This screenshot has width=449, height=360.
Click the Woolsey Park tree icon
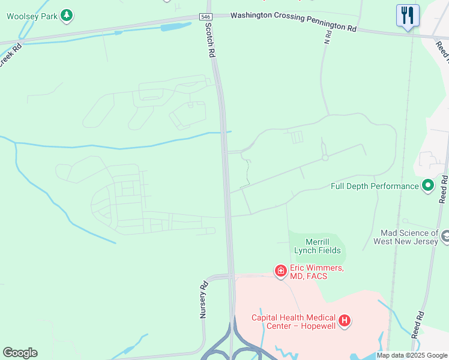67,16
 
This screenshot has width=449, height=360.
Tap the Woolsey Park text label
32,16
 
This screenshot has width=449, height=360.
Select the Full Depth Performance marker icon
428,186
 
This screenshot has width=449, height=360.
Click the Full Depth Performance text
375,186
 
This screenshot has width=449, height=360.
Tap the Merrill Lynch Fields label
317,246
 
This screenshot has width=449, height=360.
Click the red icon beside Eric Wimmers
280,272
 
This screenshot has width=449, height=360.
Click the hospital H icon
345,321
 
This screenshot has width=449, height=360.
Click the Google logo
20,353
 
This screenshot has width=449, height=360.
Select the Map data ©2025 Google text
412,355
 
